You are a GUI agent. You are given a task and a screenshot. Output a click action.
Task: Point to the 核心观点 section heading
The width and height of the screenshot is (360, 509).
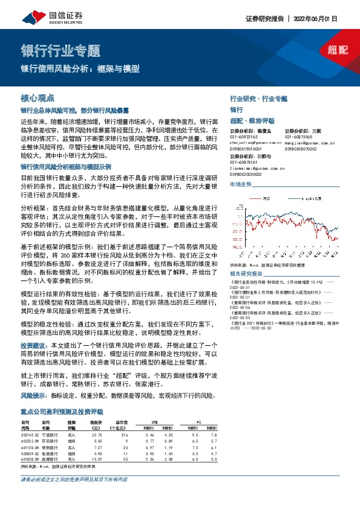coord(38,97)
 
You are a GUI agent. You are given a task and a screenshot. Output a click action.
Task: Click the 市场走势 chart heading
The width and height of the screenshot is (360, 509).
coord(240,184)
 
